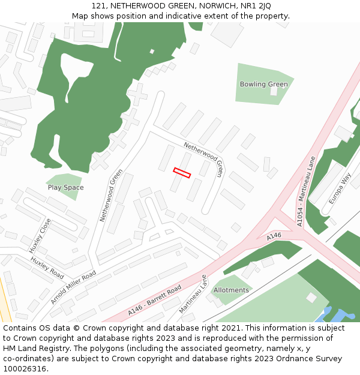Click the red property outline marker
coord(182,173)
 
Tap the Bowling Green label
coord(263,85)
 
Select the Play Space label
coord(65,188)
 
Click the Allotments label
coord(231,290)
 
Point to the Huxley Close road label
coord(40,235)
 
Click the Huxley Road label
coord(47,268)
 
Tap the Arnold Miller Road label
coord(73,287)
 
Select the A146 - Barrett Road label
coord(154,301)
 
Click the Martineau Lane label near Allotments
coord(193,294)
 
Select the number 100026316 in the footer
coord(23,368)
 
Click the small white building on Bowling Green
coord(274,91)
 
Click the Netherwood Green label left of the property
coord(112,195)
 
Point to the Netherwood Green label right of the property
coord(203,160)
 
